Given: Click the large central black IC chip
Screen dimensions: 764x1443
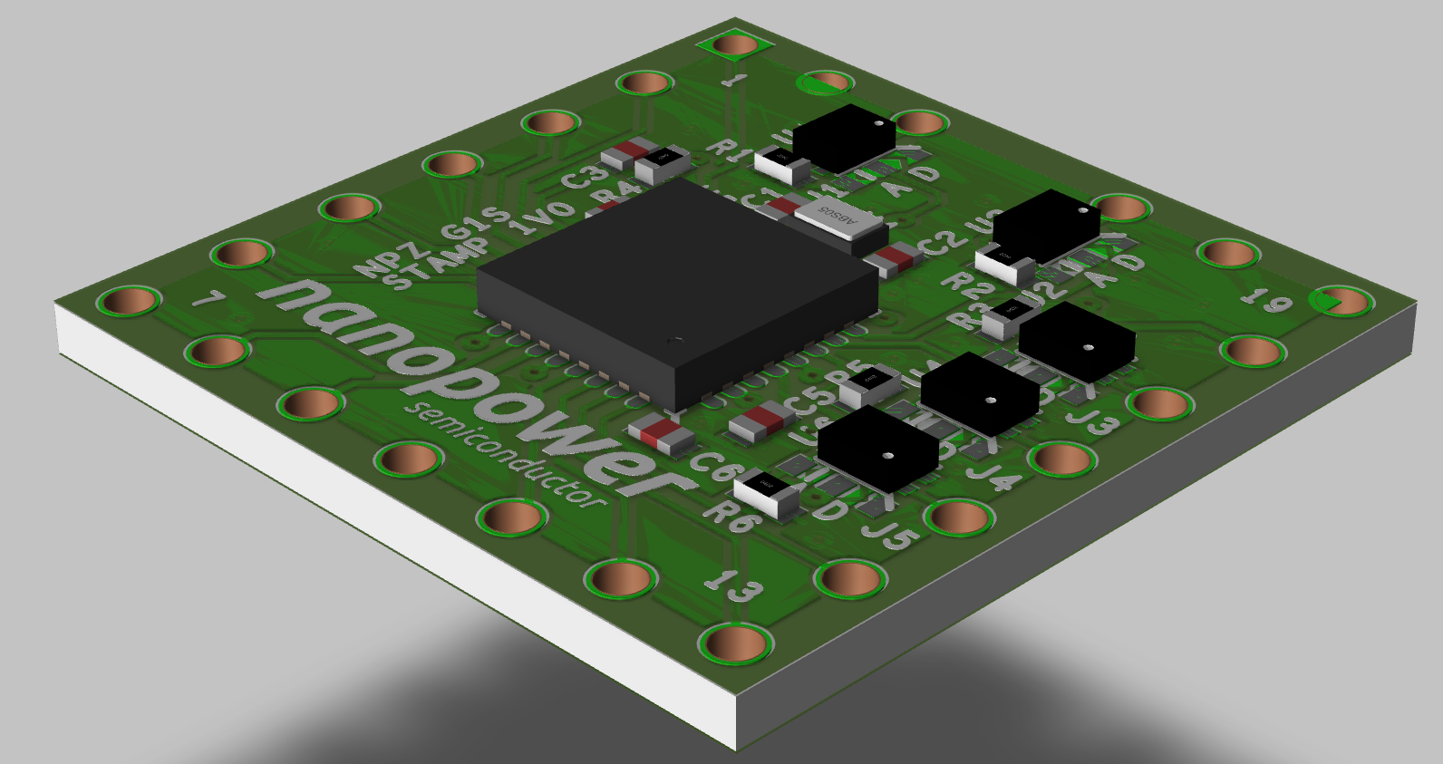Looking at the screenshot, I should click(x=675, y=290).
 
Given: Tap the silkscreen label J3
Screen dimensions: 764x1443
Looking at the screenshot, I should click(x=1093, y=421).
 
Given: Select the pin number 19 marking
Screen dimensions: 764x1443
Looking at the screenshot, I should click(x=1265, y=298).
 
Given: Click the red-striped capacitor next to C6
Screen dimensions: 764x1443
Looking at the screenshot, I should click(x=663, y=436).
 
